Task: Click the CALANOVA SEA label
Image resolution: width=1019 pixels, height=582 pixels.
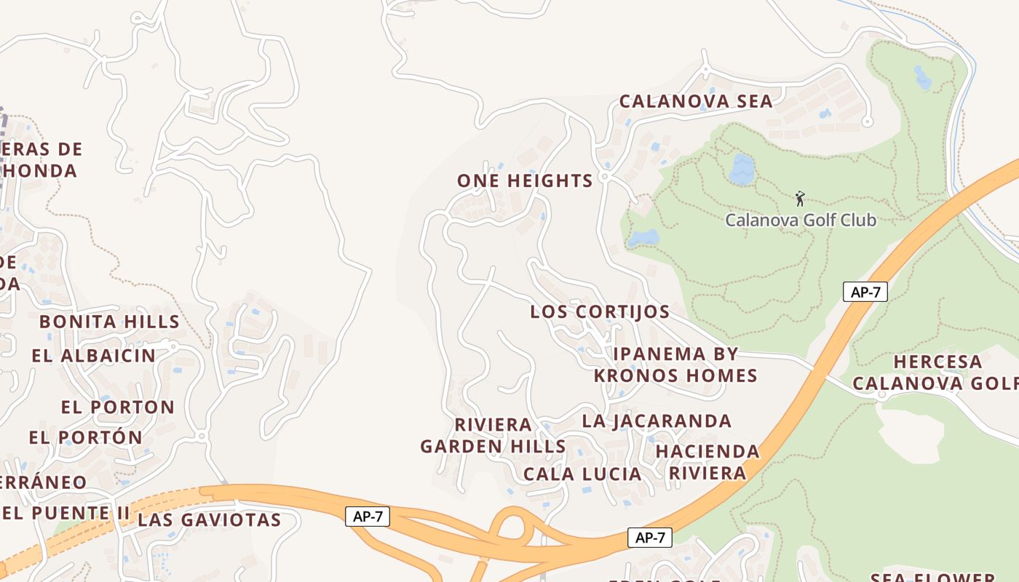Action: click(x=696, y=101)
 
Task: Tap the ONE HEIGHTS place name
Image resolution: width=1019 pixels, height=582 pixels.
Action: click(x=525, y=181)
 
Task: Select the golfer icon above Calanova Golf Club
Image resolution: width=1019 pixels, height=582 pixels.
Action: click(x=800, y=198)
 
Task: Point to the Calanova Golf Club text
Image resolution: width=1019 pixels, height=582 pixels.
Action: click(x=801, y=220)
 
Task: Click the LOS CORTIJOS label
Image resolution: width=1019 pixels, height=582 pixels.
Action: click(x=600, y=312)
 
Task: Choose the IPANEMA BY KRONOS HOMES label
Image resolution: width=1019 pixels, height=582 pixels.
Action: click(x=676, y=364)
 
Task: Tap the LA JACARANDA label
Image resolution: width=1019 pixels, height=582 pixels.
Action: click(x=657, y=421)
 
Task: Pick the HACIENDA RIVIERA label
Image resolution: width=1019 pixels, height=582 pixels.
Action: click(x=707, y=462)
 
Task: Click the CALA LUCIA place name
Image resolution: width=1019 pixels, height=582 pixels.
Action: click(x=582, y=474)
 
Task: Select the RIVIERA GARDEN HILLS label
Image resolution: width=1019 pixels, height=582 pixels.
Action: click(x=493, y=435)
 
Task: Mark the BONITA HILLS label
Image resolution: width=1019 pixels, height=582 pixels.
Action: click(x=109, y=322)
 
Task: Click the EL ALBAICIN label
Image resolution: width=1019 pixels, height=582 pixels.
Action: click(x=94, y=356)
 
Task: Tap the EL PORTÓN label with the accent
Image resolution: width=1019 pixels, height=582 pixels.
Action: click(x=86, y=438)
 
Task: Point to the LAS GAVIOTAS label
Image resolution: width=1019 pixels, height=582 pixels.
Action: click(x=209, y=519)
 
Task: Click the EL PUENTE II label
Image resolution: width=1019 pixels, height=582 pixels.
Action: click(x=66, y=513)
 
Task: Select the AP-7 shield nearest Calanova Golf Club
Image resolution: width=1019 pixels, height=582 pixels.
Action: click(x=865, y=292)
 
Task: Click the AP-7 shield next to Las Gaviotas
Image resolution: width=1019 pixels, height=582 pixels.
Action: click(x=368, y=517)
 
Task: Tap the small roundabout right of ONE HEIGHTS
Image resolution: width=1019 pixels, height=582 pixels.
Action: click(x=604, y=178)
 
